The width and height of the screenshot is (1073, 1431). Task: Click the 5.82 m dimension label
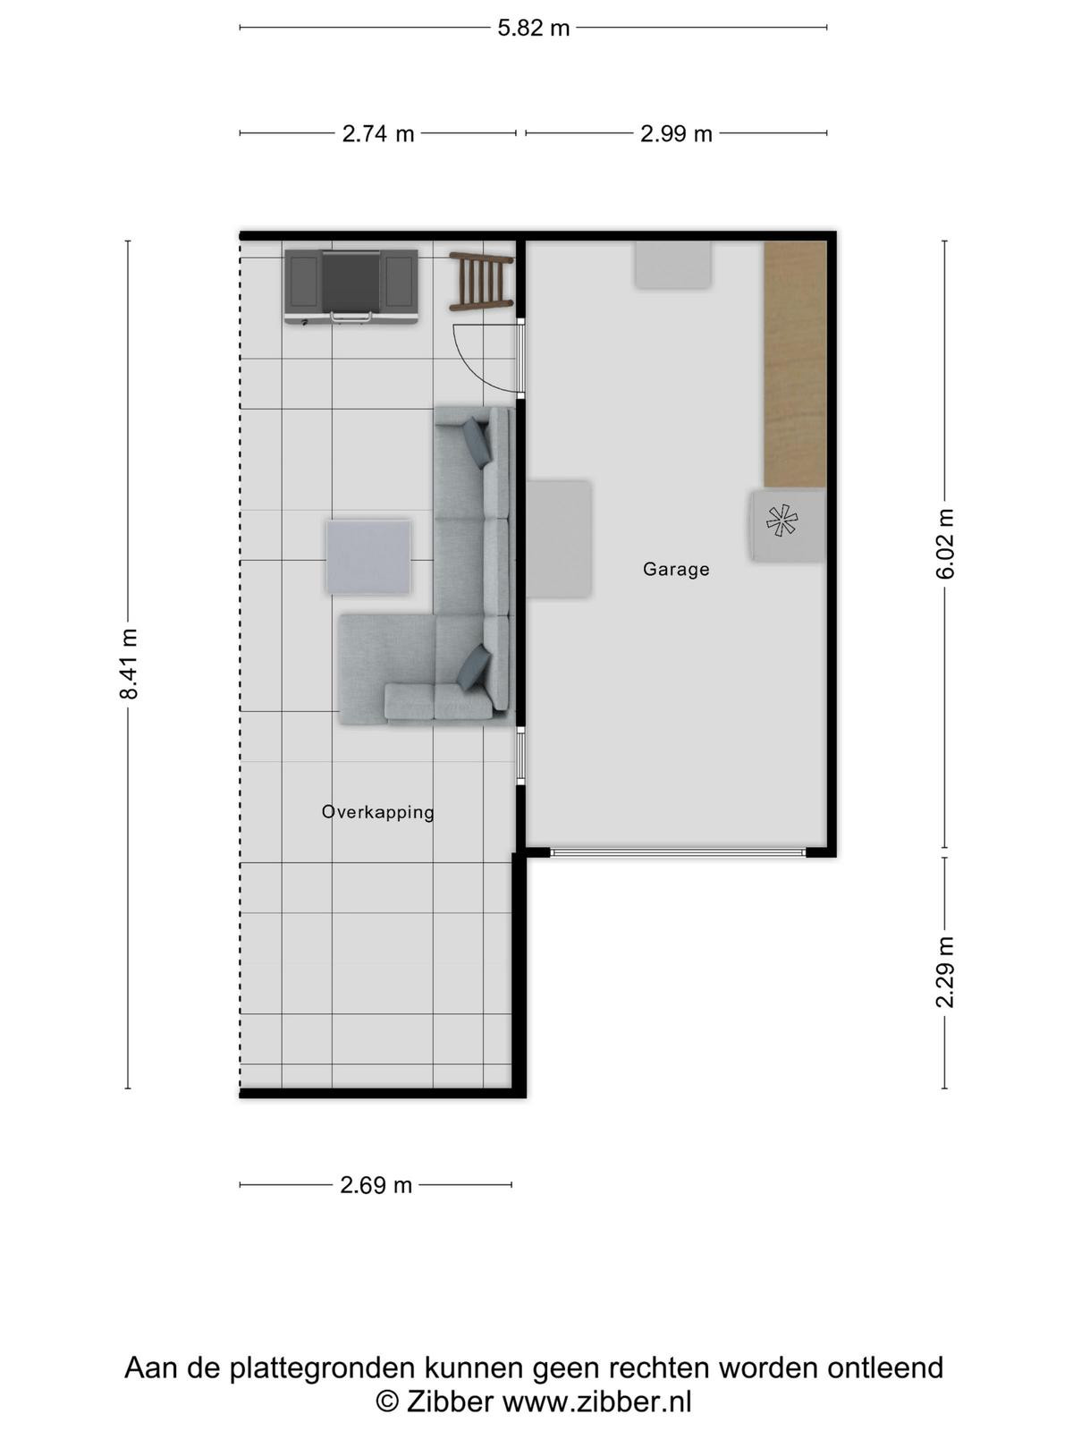533,28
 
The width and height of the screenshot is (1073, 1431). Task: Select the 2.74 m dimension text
378,133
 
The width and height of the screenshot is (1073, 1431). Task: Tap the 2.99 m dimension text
676,133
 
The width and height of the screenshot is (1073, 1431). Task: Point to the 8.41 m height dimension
129,665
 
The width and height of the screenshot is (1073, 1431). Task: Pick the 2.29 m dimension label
944,972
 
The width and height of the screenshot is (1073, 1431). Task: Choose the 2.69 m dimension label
376,1184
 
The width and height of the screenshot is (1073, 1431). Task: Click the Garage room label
676,569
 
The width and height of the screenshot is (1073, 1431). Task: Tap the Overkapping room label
378,812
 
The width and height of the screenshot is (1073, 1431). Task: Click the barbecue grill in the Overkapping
351,286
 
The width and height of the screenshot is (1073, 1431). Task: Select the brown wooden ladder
481,281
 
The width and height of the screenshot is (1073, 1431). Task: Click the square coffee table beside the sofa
368,557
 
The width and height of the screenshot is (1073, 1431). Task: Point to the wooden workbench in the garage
795,364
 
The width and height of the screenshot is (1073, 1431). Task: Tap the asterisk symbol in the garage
782,521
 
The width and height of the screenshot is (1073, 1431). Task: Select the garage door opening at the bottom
678,852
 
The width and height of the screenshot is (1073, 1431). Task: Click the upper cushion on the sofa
476,442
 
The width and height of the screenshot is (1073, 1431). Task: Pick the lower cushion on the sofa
474,667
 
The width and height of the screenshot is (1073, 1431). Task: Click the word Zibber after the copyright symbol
449,1401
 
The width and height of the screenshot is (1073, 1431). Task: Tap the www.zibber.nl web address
596,1401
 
